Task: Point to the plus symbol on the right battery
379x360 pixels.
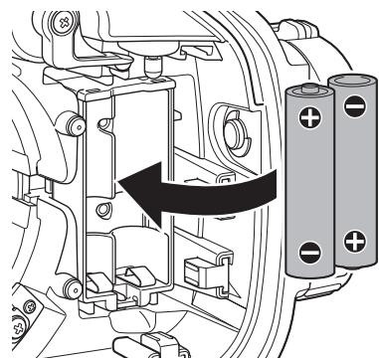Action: click(352, 241)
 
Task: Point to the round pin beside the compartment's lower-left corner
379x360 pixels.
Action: click(70, 289)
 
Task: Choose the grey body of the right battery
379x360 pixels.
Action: click(352, 174)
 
